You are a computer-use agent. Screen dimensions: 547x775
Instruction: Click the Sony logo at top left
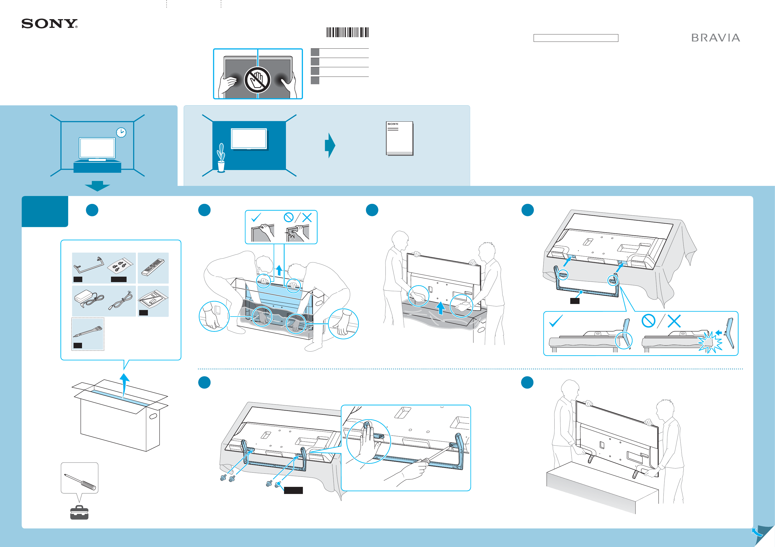pos(49,24)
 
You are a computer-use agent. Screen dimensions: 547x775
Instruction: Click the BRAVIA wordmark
pos(716,38)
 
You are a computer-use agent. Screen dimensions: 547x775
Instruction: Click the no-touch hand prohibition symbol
pos(258,80)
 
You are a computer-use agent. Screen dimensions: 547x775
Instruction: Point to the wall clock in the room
pos(121,133)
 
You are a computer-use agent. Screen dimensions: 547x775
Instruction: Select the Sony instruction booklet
pos(400,138)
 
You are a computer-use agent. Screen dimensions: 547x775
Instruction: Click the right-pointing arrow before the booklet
pos(330,145)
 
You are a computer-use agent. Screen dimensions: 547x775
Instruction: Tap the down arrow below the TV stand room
pos(97,186)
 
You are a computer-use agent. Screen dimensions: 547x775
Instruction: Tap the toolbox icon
pos(79,513)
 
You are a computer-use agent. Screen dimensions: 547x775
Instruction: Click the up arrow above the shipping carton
pos(125,385)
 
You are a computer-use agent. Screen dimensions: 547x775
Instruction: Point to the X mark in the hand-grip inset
pos(307,218)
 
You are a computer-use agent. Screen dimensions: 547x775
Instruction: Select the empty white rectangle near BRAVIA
pos(575,38)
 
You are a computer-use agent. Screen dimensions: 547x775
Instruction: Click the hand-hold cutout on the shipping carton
pos(153,416)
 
